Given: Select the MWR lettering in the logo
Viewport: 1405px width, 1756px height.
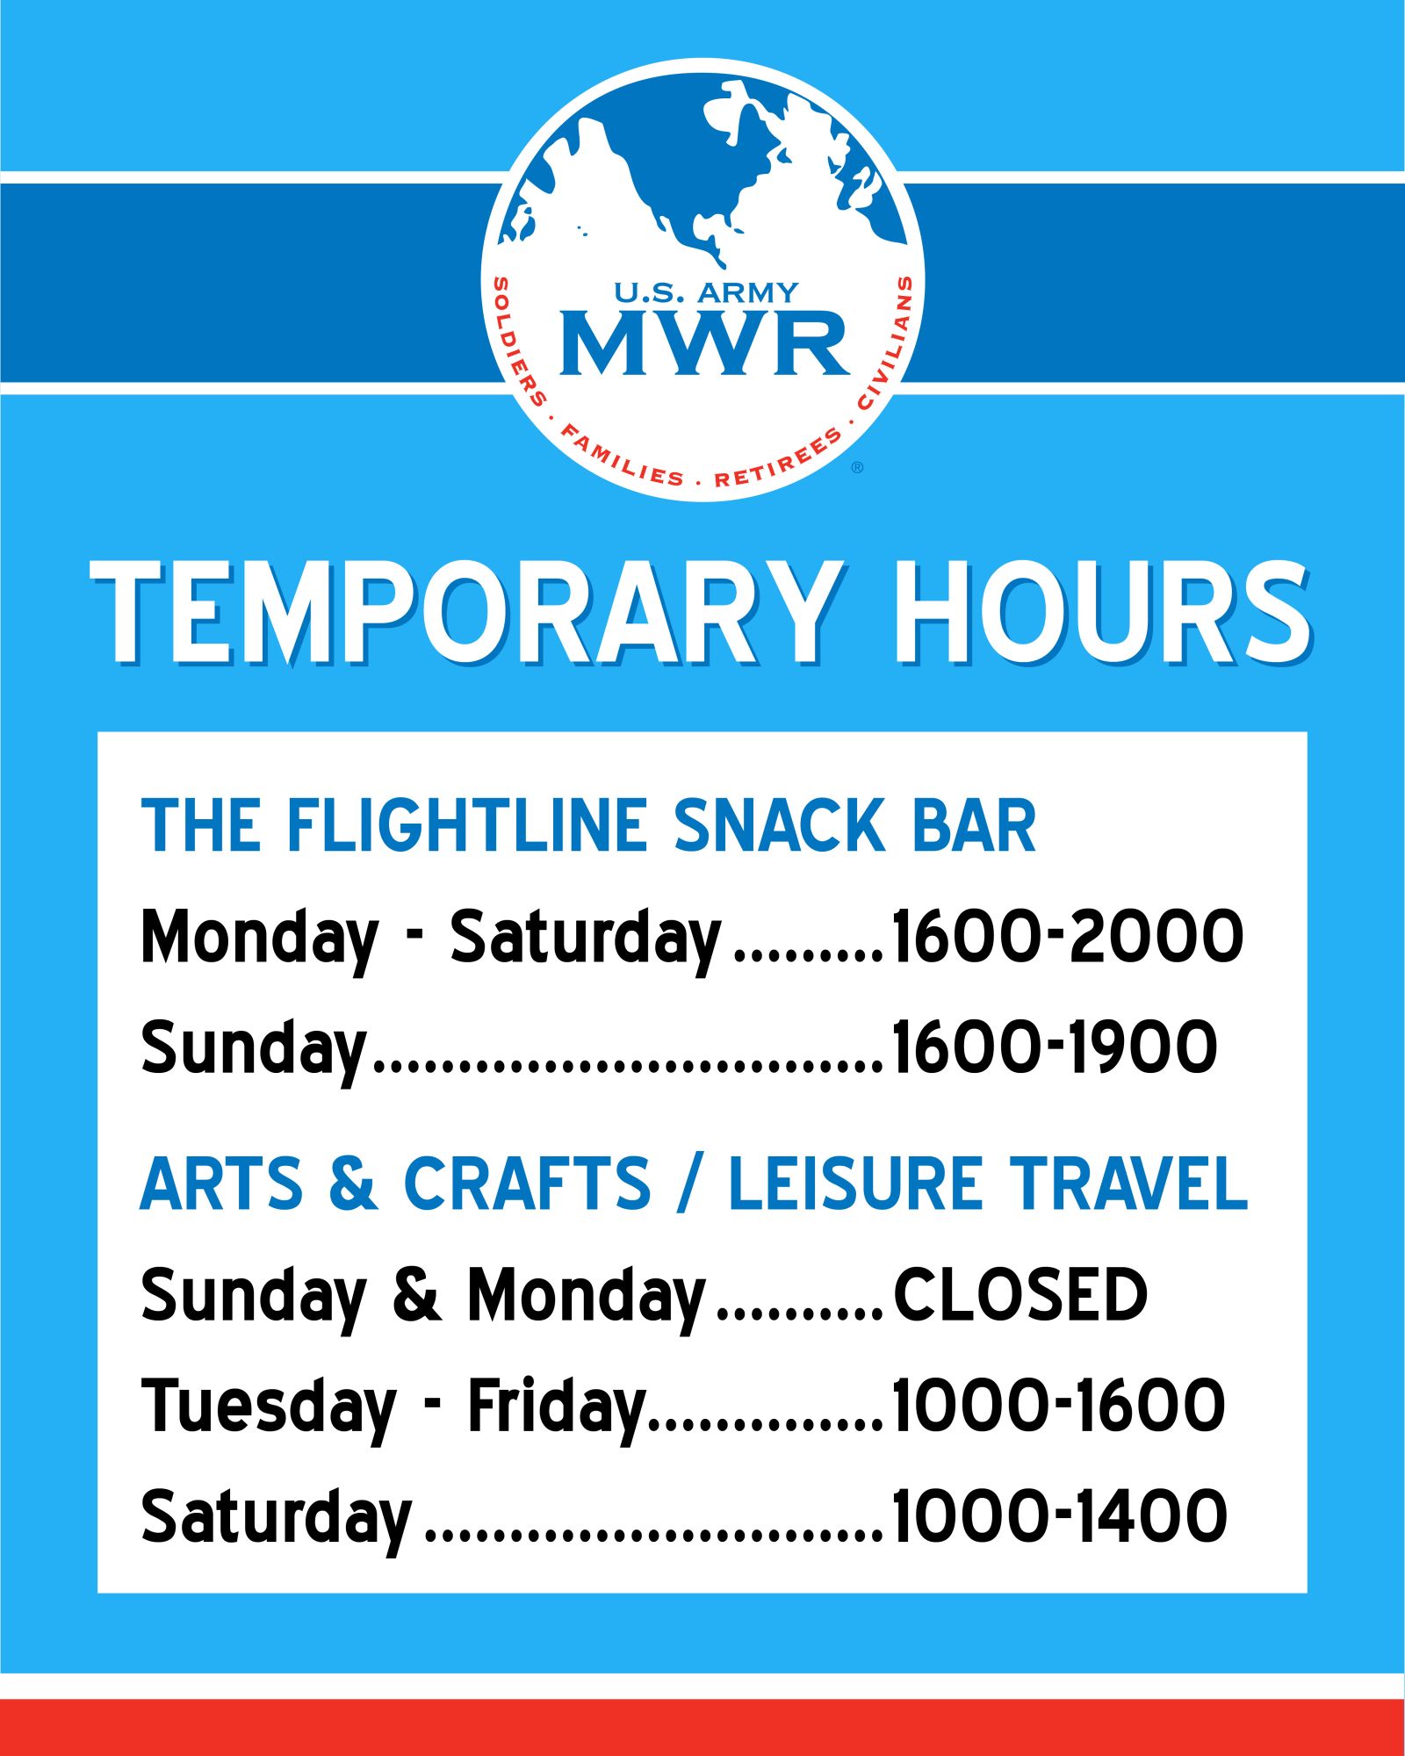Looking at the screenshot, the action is pos(705,342).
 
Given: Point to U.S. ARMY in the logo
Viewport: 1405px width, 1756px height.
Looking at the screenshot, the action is pos(706,291).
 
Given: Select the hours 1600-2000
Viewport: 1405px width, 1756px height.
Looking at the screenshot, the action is pos(1068,936).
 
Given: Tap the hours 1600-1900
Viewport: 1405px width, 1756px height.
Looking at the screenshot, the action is pos(1055,1047).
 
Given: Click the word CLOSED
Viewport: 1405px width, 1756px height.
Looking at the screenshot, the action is pos(1020,1294).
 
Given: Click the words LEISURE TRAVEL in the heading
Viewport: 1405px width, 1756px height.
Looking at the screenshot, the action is pos(988,1184).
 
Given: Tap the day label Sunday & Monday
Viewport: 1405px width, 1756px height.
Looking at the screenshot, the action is pos(423,1298).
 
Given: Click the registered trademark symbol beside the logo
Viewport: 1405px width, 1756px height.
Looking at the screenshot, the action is pos(858,467).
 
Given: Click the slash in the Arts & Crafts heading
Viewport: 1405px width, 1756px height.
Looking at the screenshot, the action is pos(690,1184).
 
